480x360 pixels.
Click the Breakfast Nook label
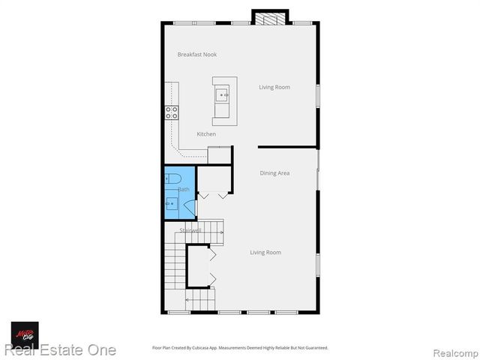click(x=197, y=55)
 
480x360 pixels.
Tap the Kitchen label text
click(x=206, y=134)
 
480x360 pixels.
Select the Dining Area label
click(x=274, y=173)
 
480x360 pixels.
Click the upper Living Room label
click(x=274, y=88)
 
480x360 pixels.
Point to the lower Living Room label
click(x=265, y=253)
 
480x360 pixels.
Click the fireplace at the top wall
click(x=269, y=16)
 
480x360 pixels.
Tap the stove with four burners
click(x=172, y=113)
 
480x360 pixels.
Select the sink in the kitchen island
click(x=223, y=95)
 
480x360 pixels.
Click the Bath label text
click(x=183, y=190)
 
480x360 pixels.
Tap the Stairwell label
click(x=190, y=230)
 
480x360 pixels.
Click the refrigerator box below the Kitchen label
click(x=219, y=154)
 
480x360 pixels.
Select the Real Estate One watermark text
click(x=60, y=349)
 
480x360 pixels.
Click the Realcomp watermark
click(x=453, y=352)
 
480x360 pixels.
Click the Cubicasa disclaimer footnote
click(x=240, y=348)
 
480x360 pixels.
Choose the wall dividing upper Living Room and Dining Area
click(x=287, y=147)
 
